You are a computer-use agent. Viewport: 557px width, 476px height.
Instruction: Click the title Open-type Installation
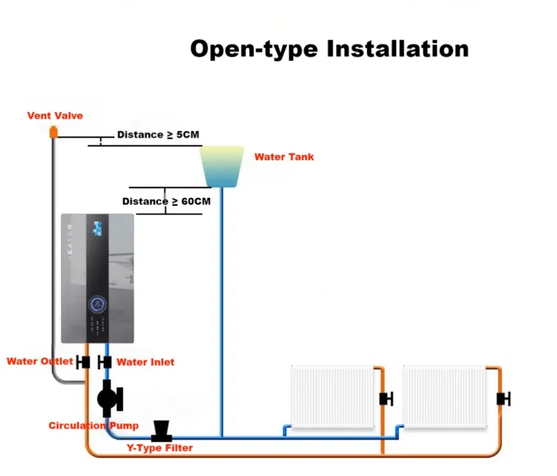point(329,49)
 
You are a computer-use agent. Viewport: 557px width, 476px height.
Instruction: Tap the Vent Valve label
point(55,115)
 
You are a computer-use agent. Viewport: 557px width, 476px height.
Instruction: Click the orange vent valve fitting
point(54,133)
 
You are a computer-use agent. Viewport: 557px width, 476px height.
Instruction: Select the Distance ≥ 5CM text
point(158,135)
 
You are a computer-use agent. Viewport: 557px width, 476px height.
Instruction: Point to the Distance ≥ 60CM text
point(166,201)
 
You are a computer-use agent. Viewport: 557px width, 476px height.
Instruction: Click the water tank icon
point(221,167)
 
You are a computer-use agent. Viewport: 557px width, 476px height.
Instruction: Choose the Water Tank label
point(284,157)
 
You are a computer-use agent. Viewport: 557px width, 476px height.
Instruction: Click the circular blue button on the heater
point(99,304)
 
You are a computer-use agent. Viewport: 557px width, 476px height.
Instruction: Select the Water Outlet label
point(40,361)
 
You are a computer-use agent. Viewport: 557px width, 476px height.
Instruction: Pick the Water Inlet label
point(145,362)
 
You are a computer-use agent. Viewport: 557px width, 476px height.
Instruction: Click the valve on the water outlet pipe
point(84,362)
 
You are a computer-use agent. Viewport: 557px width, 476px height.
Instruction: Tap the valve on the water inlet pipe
point(105,362)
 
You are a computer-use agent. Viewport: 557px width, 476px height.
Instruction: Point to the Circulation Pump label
point(93,426)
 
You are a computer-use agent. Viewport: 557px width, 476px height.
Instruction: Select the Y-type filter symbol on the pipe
point(162,430)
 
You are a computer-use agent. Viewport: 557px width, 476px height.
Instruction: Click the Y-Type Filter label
point(160,448)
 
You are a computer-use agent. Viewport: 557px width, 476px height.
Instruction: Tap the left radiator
point(332,396)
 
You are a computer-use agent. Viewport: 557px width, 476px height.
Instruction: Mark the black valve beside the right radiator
point(503,399)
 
